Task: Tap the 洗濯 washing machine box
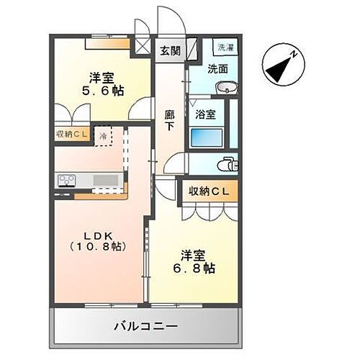(226, 48)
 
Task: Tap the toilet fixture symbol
(228, 163)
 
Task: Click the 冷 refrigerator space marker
(104, 135)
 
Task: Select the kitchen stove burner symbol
(67, 180)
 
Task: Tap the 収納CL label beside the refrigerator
(71, 134)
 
